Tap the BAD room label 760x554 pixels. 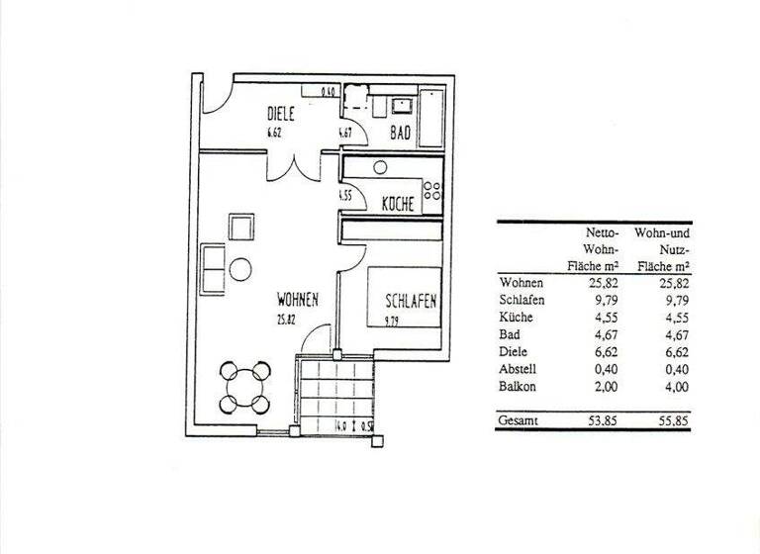point(399,130)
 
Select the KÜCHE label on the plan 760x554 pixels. point(397,204)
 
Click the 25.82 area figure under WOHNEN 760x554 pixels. point(288,319)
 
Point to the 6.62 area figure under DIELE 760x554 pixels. point(275,131)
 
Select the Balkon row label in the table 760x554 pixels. point(518,388)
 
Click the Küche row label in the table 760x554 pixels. point(517,318)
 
